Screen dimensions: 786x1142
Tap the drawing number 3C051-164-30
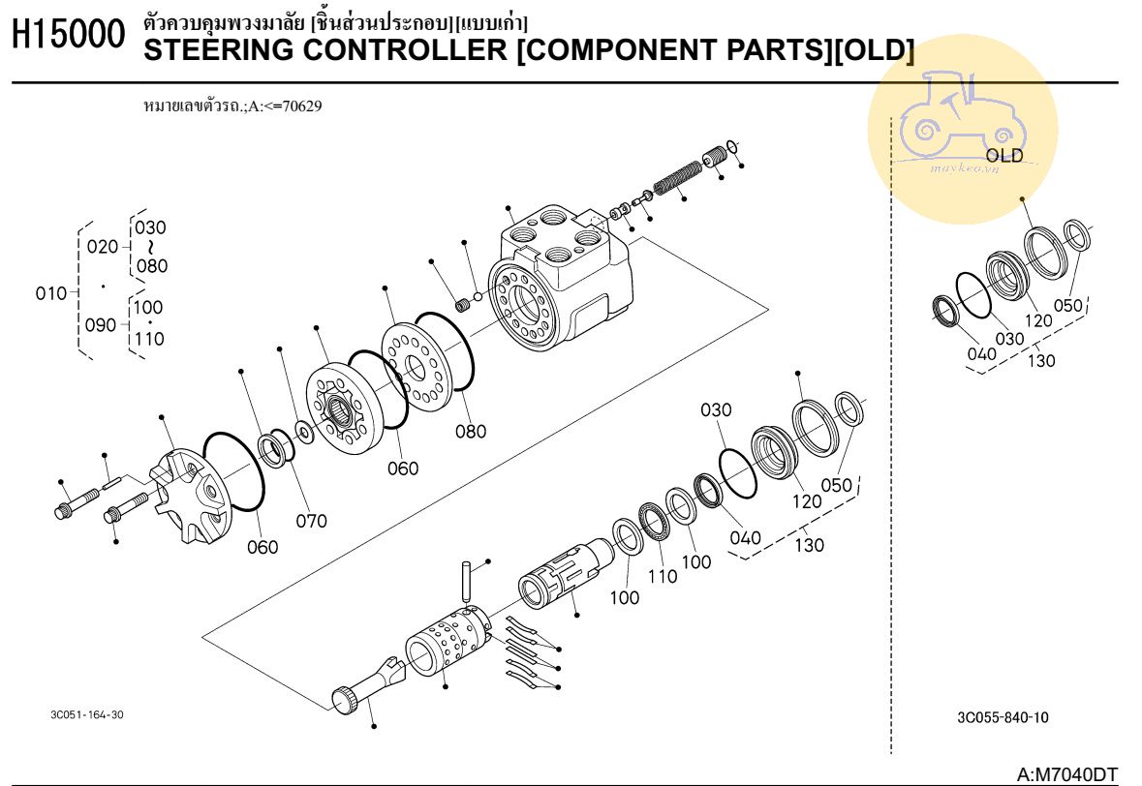(x=86, y=714)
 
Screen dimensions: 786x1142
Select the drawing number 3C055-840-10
(x=1002, y=717)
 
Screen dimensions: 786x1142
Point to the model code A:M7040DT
(x=1066, y=774)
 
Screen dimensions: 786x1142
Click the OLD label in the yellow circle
(x=1003, y=156)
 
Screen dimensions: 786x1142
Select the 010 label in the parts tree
(x=51, y=293)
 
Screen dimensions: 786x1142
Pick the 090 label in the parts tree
(x=101, y=325)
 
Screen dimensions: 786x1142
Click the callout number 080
(x=471, y=432)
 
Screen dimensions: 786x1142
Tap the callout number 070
(x=311, y=521)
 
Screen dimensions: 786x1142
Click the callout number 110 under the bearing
(x=662, y=577)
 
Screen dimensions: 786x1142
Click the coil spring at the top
(x=676, y=177)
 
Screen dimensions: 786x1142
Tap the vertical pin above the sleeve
(x=468, y=580)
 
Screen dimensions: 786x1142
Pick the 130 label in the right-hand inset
(x=1041, y=360)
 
